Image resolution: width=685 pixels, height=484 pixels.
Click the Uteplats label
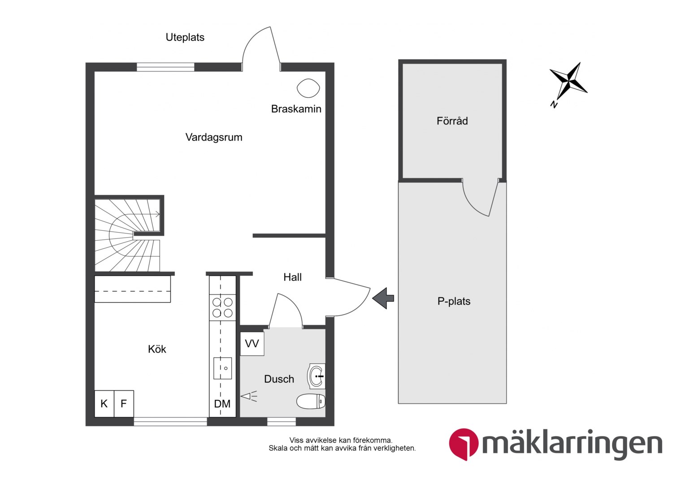185,37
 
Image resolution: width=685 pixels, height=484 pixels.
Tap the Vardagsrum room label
214,137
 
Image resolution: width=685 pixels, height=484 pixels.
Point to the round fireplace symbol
308,88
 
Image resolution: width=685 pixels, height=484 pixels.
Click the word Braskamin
296,109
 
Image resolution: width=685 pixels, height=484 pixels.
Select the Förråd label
452,121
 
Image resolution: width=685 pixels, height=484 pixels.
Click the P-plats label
454,301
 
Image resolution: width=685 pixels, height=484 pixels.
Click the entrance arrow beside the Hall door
383,298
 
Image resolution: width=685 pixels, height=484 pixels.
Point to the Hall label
292,277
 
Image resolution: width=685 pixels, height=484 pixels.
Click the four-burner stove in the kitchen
222,307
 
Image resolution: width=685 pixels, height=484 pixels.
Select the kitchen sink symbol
222,368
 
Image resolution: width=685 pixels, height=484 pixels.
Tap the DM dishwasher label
222,404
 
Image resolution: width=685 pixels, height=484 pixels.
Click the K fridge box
104,404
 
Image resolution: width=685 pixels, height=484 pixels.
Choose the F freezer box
124,404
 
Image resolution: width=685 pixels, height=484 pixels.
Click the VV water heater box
252,344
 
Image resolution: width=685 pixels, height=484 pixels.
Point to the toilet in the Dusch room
311,401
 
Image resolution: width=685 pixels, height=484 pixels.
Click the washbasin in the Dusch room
316,376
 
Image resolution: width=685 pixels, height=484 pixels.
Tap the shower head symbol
249,396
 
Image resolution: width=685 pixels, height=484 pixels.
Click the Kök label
157,349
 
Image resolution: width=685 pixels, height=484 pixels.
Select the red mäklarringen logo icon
463,444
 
